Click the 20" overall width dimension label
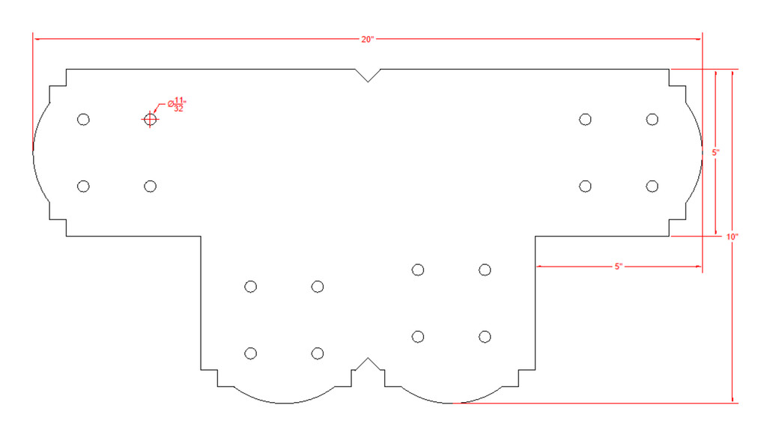pyautogui.click(x=367, y=39)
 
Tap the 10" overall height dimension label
pyautogui.click(x=732, y=237)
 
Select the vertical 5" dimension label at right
pyautogui.click(x=715, y=153)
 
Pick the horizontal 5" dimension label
pyautogui.click(x=619, y=267)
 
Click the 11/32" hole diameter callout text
pyautogui.click(x=177, y=105)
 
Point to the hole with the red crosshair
pyautogui.click(x=150, y=119)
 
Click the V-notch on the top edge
pyautogui.click(x=368, y=76)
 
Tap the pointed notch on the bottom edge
pyautogui.click(x=368, y=365)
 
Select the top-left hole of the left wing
pyautogui.click(x=84, y=119)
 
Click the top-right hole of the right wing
pyautogui.click(x=652, y=119)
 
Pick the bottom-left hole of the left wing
pyautogui.click(x=84, y=186)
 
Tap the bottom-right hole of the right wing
pyautogui.click(x=652, y=186)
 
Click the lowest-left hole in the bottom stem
pyautogui.click(x=250, y=353)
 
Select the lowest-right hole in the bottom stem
pyautogui.click(x=485, y=336)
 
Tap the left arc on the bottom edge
pyautogui.click(x=284, y=404)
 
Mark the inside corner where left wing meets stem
pyautogui.click(x=201, y=236)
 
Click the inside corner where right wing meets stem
pyautogui.click(x=535, y=236)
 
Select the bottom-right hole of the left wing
pyautogui.click(x=150, y=186)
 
